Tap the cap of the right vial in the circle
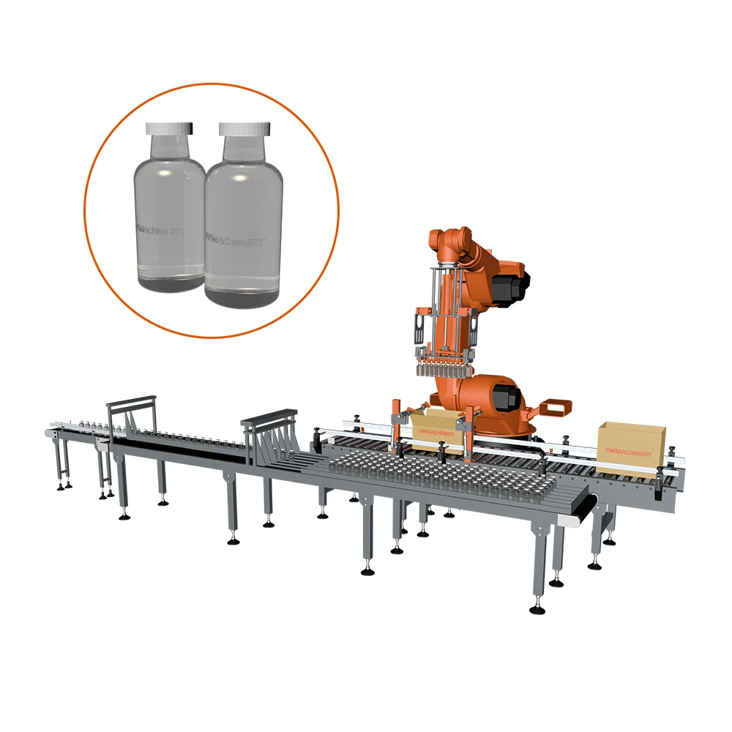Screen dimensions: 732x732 pyautogui.click(x=244, y=128)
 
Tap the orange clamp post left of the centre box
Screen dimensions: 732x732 pyautogui.click(x=396, y=425)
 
